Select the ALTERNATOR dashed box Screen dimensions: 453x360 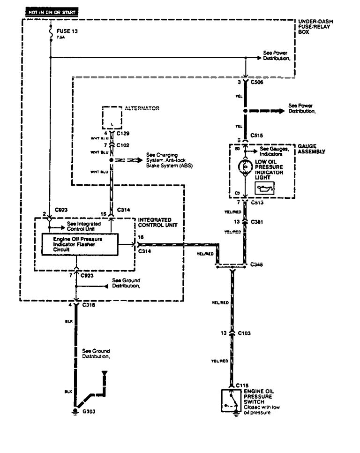[112, 117]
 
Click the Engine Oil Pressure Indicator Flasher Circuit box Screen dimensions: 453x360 [79, 244]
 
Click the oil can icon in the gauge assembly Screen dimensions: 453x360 [264, 188]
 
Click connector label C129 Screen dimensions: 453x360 [123, 134]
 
